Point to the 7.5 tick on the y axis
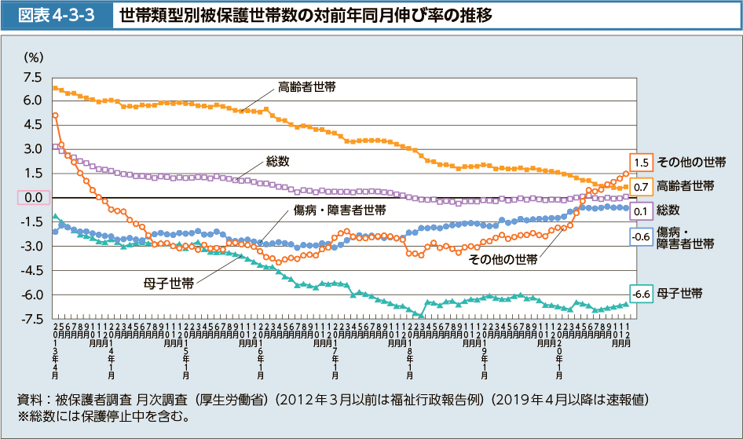(32, 77)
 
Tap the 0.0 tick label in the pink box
(33, 198)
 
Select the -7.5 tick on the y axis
(32, 319)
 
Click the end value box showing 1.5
(640, 163)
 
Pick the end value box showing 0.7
(640, 187)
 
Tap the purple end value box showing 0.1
(640, 210)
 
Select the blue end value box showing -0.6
(640, 236)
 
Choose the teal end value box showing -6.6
(640, 294)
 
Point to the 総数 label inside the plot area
(277, 162)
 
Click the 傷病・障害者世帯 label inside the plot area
(339, 210)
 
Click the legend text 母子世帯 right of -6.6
(679, 294)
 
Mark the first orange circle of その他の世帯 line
(55, 115)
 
